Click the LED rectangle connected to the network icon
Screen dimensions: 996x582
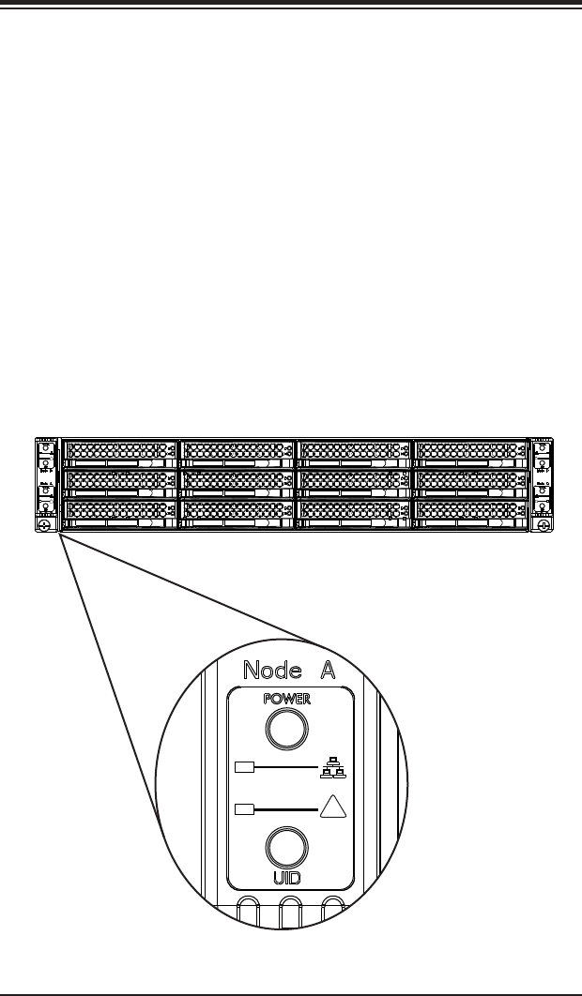244,768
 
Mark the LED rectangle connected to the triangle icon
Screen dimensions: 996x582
244,807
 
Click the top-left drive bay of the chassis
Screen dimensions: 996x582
118,453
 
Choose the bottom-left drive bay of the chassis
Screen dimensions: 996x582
118,513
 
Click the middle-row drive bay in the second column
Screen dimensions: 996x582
236,483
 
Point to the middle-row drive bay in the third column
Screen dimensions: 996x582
354,483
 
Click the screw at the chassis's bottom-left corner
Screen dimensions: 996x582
44,526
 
